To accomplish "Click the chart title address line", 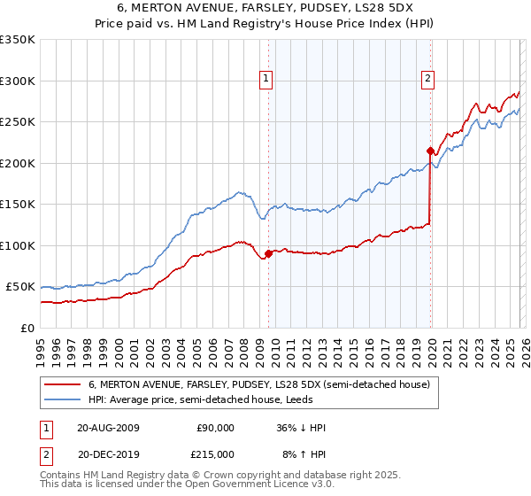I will (265, 8).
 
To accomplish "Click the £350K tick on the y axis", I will (18, 40).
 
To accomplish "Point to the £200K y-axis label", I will (18, 163).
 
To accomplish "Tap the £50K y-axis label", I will (20, 287).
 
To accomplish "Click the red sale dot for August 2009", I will (268, 254).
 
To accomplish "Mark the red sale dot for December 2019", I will (430, 151).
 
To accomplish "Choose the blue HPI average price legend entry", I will (212, 399).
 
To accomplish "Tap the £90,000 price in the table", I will (215, 428).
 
